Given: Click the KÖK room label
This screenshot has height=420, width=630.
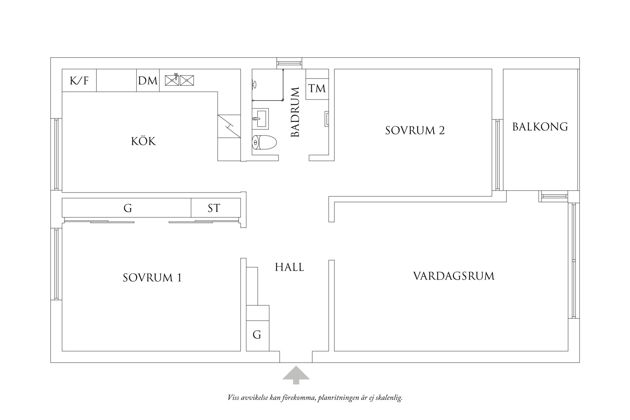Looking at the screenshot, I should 143,141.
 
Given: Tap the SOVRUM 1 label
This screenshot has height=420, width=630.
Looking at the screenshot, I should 152,278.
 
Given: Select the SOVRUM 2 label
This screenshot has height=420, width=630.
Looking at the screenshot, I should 415,131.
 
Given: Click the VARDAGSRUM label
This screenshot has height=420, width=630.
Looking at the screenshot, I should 454,276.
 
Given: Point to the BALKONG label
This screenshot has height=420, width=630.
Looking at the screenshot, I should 540,127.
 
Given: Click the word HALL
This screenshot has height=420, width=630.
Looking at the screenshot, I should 290,267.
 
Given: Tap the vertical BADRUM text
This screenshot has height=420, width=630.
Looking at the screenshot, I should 295,112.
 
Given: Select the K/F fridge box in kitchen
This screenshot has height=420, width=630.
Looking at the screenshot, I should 79,81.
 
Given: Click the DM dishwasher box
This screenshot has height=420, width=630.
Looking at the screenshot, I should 148,81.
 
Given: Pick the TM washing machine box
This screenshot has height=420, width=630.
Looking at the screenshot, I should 317,88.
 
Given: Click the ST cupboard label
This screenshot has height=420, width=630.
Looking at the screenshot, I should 214,208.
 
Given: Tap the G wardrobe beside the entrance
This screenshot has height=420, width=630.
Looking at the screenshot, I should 257,334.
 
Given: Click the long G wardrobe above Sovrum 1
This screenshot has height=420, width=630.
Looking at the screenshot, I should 128,208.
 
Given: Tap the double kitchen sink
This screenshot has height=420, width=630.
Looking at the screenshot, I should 179,80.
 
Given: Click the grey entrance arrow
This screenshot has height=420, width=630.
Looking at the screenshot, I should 296,375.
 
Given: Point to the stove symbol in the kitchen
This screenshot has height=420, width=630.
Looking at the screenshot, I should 229,126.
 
